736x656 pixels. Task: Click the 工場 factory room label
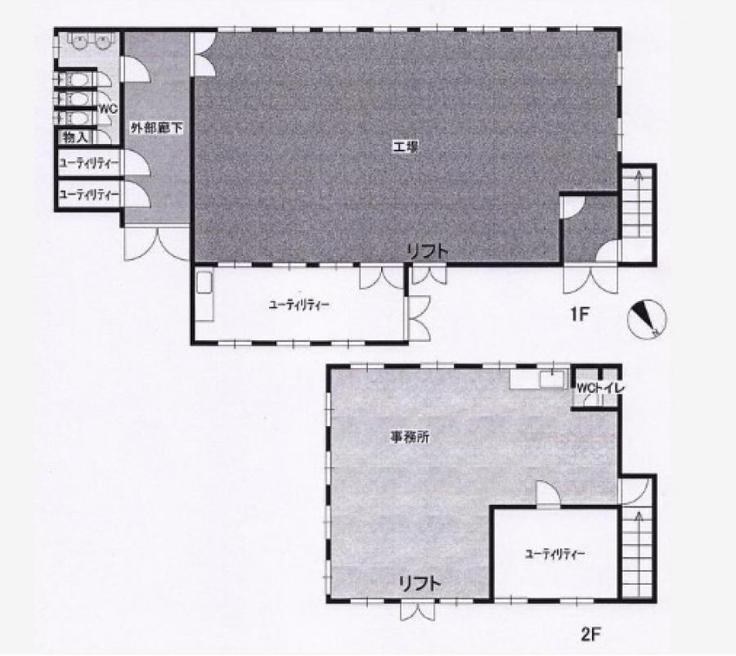tap(405, 147)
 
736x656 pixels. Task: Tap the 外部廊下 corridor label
tap(156, 128)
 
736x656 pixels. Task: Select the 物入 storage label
tap(75, 137)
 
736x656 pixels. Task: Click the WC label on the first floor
tap(107, 109)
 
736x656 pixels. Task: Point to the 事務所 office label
tap(410, 438)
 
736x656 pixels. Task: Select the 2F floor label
tap(590, 635)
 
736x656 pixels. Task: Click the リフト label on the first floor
tap(428, 253)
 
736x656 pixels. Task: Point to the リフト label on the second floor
tap(420, 584)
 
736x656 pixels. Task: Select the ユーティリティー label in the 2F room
tap(554, 554)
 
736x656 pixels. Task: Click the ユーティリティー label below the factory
tap(299, 305)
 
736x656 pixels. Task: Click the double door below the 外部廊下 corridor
tap(156, 244)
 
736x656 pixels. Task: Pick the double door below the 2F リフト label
tap(417, 610)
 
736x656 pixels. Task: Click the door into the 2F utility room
tap(548, 494)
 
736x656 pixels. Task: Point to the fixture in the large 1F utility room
tap(204, 294)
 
